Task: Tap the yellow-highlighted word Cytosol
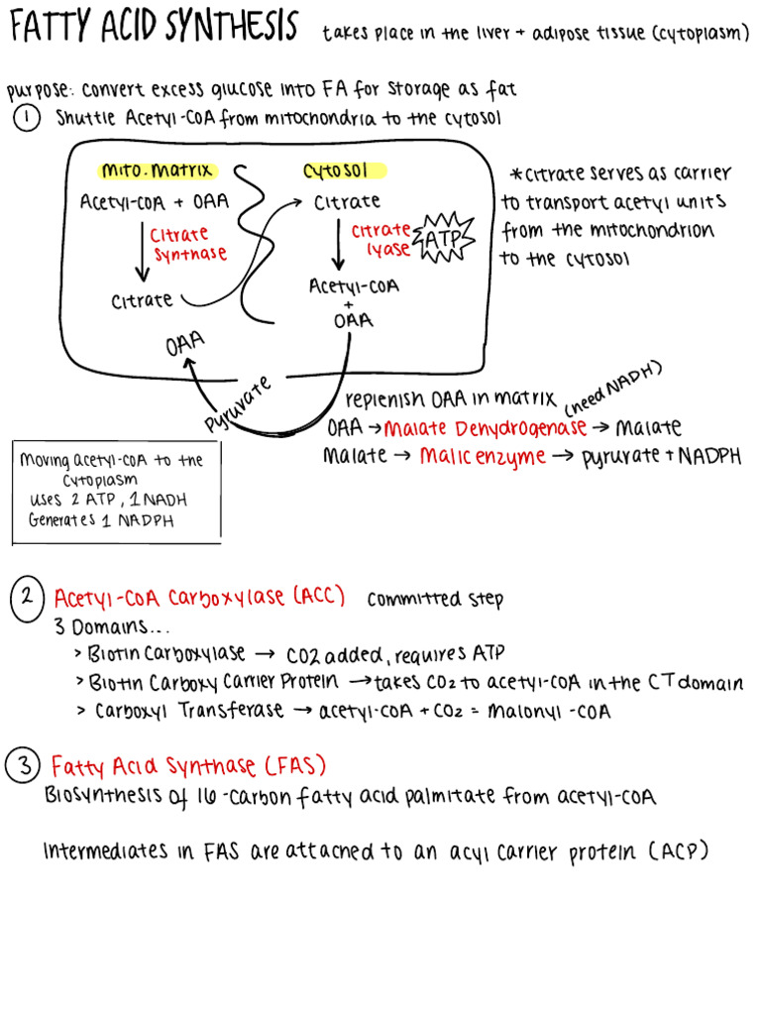click(337, 169)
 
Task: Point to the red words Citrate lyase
click(381, 239)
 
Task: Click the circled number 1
click(27, 118)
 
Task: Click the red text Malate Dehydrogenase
click(485, 428)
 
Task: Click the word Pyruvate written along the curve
click(239, 403)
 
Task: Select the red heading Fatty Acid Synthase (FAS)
click(188, 766)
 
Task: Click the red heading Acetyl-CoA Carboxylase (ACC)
click(199, 597)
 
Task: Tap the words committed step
click(435, 599)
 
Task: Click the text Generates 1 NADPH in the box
click(101, 520)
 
